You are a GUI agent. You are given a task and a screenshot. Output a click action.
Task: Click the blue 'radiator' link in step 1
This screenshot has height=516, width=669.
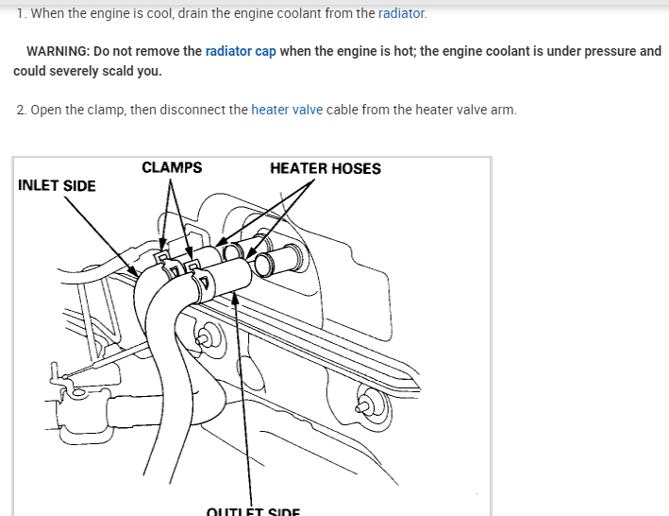[402, 13]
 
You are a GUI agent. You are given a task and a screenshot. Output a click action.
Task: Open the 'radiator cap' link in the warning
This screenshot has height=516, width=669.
[241, 51]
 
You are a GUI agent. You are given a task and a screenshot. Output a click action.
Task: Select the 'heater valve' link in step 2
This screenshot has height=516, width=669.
[287, 110]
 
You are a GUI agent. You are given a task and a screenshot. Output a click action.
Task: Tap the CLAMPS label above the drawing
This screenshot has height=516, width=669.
[172, 167]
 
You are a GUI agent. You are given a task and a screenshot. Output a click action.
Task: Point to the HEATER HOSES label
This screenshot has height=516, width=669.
[326, 168]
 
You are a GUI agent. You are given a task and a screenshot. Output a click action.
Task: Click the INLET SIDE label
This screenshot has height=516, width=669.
[57, 185]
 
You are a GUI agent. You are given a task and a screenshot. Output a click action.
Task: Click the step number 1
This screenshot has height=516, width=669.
[22, 13]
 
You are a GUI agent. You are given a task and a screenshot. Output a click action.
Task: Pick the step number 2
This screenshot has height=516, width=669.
[22, 110]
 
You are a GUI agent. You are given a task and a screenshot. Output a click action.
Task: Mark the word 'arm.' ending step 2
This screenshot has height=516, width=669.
[502, 110]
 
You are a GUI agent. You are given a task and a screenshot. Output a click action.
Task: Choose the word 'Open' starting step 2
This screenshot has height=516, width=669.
[47, 110]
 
